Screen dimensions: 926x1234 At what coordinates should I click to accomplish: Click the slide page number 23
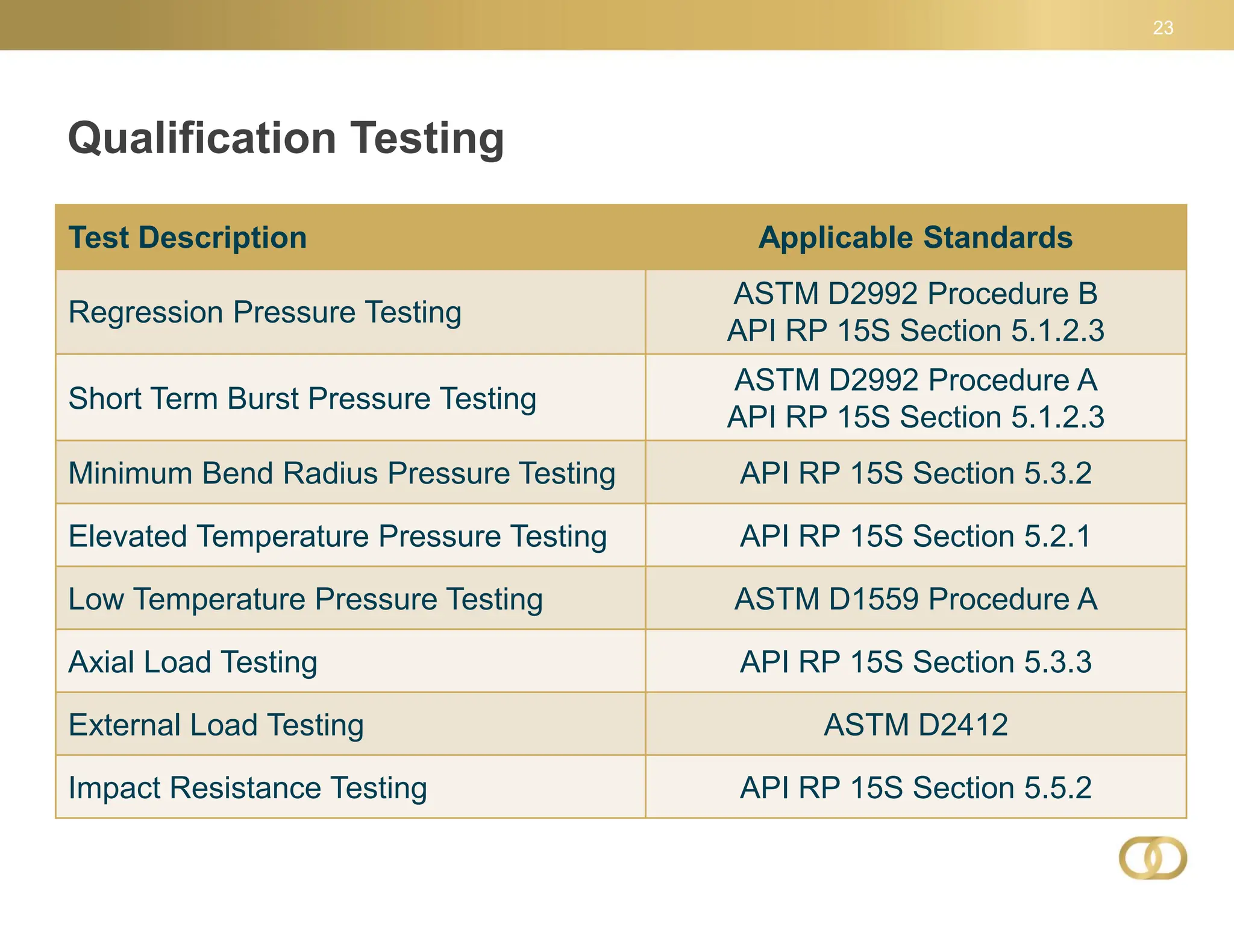[1163, 28]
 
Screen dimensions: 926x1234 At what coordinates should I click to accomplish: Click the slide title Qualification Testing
[286, 138]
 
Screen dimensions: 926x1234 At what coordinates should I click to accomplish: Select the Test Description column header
[187, 238]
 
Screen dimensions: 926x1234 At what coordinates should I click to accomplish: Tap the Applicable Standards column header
[915, 238]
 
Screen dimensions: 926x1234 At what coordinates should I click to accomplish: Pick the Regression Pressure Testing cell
[265, 312]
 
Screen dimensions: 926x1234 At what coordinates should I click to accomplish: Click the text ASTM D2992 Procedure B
[915, 294]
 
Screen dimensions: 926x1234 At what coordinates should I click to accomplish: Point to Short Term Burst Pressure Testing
[302, 398]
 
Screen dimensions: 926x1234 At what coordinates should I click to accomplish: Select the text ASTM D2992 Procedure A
[915, 380]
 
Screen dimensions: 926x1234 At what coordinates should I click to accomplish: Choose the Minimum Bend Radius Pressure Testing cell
[342, 473]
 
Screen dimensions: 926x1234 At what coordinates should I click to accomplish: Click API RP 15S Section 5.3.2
[915, 473]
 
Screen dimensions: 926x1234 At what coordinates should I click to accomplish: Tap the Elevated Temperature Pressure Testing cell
[337, 536]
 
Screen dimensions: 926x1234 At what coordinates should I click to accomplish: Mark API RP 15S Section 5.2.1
[915, 536]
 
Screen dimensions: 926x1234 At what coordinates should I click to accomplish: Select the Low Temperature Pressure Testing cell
[305, 599]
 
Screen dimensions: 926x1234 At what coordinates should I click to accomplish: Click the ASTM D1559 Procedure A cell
[915, 599]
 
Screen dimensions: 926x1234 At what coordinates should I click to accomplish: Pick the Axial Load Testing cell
[193, 662]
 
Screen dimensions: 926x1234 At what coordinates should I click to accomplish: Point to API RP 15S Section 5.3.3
[915, 662]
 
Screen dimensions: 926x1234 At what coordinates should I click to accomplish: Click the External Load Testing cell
[216, 725]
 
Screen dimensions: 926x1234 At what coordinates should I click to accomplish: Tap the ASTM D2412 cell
[915, 725]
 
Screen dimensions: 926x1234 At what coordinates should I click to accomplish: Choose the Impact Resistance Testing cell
[248, 788]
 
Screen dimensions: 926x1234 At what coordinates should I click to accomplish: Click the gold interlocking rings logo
[1153, 858]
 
